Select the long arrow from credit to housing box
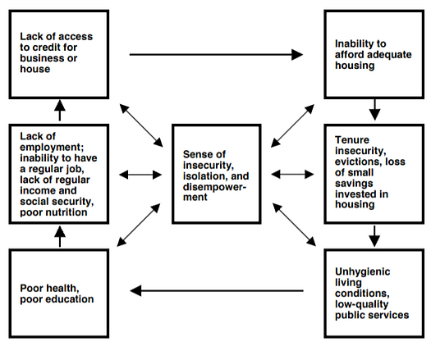point(216,54)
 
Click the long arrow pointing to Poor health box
point(217,290)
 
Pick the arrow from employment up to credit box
point(60,110)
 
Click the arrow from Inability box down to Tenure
point(374,110)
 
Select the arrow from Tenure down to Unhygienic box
point(374,236)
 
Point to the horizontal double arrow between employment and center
point(140,175)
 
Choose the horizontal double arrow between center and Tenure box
point(292,174)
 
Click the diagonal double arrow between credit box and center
point(141,125)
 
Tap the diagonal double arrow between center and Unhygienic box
point(294,225)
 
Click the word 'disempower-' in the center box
point(214,187)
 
